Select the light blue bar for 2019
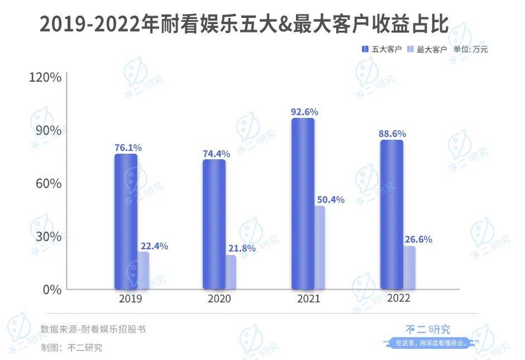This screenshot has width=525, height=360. pyautogui.click(x=144, y=271)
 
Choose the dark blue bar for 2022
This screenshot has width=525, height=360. pyautogui.click(x=392, y=215)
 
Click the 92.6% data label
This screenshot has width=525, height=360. pyautogui.click(x=302, y=111)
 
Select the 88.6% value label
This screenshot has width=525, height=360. pyautogui.click(x=392, y=134)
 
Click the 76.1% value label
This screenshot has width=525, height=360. pyautogui.click(x=128, y=148)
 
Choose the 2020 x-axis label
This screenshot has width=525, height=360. pyautogui.click(x=219, y=299)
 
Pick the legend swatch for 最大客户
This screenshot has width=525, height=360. pyautogui.click(x=409, y=49)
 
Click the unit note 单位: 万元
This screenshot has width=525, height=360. pyautogui.click(x=470, y=49)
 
